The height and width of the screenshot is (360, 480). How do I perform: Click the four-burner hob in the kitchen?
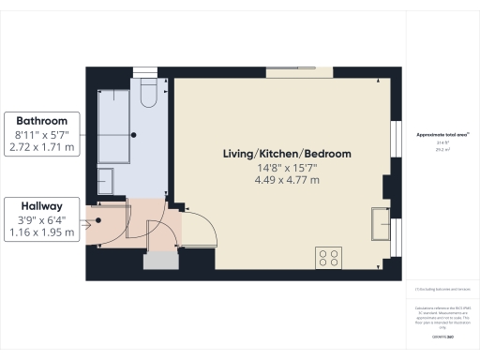[x=329, y=256]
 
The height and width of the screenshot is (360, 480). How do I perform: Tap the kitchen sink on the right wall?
[x=382, y=222]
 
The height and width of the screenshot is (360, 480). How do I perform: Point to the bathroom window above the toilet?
[x=145, y=71]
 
